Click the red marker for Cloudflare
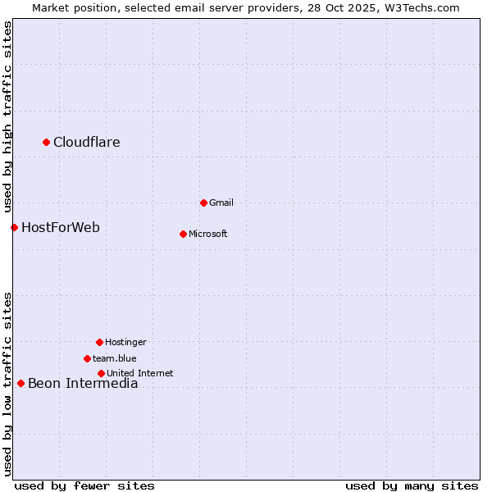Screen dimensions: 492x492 coord(47,143)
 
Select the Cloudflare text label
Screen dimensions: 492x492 coord(87,143)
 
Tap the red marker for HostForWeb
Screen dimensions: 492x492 coord(15,227)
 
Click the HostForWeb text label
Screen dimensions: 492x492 coord(61,228)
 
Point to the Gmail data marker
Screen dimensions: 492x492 coord(204,203)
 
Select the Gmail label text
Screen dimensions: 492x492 coord(221,203)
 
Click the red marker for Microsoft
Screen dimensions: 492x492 coord(184,234)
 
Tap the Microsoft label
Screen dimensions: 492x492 coord(208,234)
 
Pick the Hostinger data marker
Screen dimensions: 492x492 coord(100,342)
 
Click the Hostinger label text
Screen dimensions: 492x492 coord(125,342)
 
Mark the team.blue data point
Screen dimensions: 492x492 coord(88,358)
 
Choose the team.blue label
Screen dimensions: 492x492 coord(115,358)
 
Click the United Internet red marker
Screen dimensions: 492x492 coord(102,373)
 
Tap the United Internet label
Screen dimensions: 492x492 coord(140,373)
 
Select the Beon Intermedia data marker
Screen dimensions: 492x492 coord(21,383)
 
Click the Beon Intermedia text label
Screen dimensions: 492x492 coord(83,384)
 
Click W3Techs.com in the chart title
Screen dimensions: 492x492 coord(422,7)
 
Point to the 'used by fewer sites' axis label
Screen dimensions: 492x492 coord(84,485)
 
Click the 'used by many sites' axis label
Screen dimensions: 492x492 coord(412,485)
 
